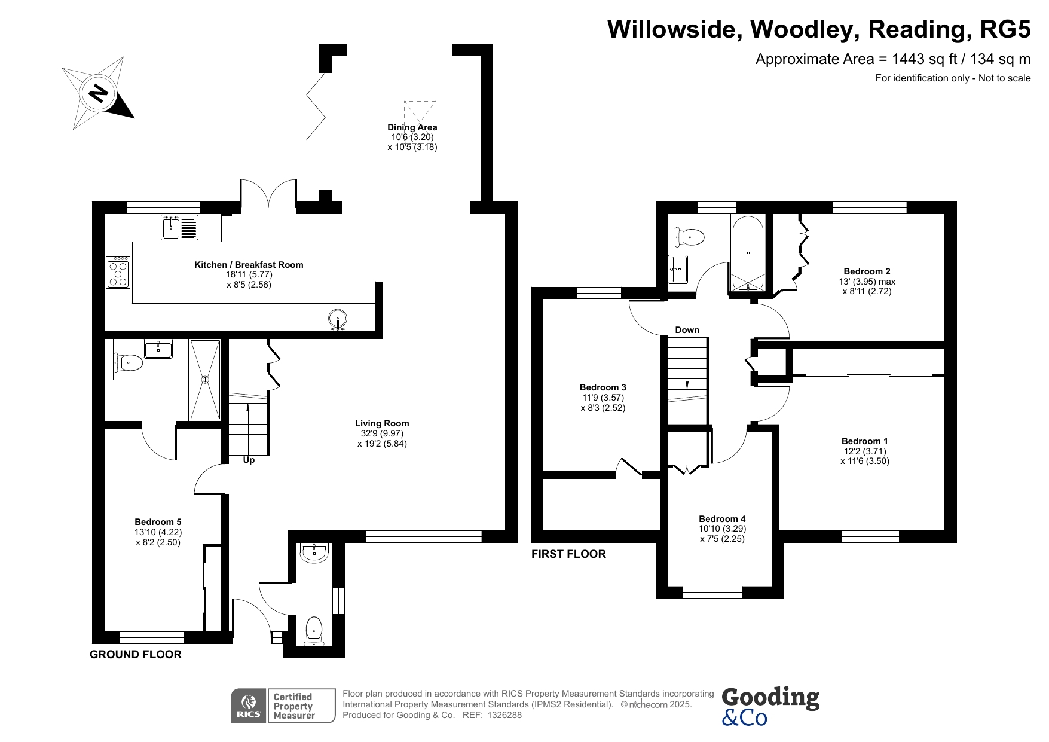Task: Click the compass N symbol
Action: point(98,93)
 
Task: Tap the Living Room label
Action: point(382,423)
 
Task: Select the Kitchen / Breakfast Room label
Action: point(249,265)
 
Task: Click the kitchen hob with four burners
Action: point(118,272)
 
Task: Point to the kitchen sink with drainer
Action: point(179,227)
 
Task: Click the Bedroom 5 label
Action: point(158,522)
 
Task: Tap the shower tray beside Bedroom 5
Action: point(205,380)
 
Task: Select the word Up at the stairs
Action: point(249,460)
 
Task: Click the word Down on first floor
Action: point(687,330)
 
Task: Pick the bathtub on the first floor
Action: point(747,254)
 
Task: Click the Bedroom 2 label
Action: point(867,271)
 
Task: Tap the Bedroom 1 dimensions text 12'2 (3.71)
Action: point(864,451)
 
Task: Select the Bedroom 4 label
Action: point(722,519)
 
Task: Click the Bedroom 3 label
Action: point(603,387)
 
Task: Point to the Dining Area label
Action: point(412,127)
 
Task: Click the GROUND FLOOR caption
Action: point(136,655)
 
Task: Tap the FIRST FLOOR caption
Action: point(568,554)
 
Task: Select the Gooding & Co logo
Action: point(770,706)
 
